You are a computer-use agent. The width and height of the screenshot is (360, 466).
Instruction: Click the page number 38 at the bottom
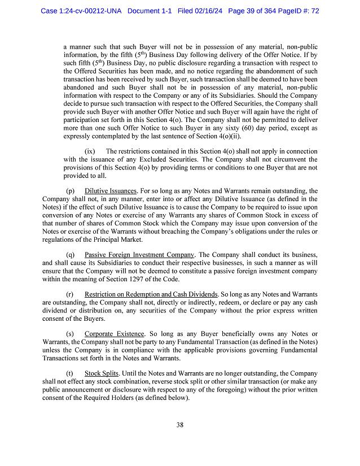coord(180,425)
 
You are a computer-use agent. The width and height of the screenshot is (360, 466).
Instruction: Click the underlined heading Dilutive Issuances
coord(111,191)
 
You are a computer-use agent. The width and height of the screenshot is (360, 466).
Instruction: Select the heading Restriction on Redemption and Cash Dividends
coord(151,294)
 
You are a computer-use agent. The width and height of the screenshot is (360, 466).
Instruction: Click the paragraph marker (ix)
coord(90,151)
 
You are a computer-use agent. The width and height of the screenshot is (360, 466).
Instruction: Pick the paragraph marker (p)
coord(71,191)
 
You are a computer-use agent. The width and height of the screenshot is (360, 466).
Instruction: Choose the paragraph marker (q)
coord(71,254)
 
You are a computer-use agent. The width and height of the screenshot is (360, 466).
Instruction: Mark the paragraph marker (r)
coord(70,294)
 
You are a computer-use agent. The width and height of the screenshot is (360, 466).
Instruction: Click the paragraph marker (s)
coord(70,334)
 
